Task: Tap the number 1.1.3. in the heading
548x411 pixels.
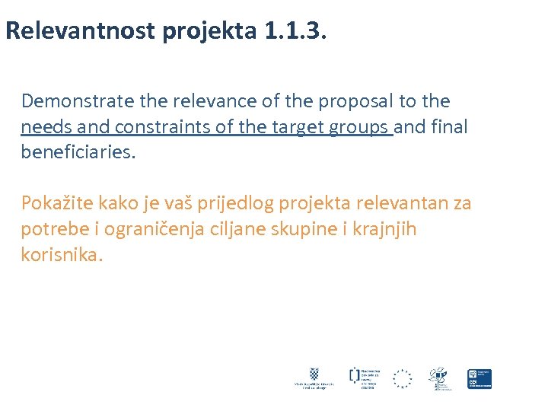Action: (292, 31)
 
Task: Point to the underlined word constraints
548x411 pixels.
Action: (151, 127)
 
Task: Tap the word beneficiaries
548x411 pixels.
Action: (78, 152)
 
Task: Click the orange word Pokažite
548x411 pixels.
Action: (55, 203)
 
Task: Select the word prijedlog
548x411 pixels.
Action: (240, 203)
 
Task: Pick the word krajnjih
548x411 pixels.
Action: (384, 229)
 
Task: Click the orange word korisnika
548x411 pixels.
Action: (61, 255)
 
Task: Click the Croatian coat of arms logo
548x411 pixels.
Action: (314, 374)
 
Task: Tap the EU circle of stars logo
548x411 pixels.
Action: (402, 378)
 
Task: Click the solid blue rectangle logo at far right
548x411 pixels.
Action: (479, 379)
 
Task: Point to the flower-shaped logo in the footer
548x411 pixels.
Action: (438, 376)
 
